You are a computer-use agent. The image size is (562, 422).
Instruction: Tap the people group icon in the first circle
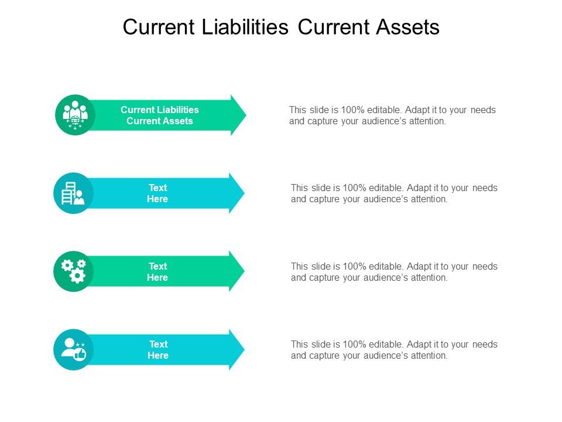point(75,114)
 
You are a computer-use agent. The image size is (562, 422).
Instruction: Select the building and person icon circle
point(73,193)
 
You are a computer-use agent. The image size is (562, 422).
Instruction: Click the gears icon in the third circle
point(74,271)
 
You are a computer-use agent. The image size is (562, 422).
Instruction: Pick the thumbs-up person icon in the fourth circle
point(73,349)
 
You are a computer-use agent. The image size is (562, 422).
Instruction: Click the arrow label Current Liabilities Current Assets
point(160,115)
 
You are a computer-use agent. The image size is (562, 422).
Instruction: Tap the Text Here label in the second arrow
point(157,193)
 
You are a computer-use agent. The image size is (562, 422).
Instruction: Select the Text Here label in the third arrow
point(157,272)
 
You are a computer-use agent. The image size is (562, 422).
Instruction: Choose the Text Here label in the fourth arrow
point(157,350)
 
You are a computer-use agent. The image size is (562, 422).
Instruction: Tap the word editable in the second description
point(386,188)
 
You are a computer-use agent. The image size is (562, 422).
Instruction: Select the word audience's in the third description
point(381,278)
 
